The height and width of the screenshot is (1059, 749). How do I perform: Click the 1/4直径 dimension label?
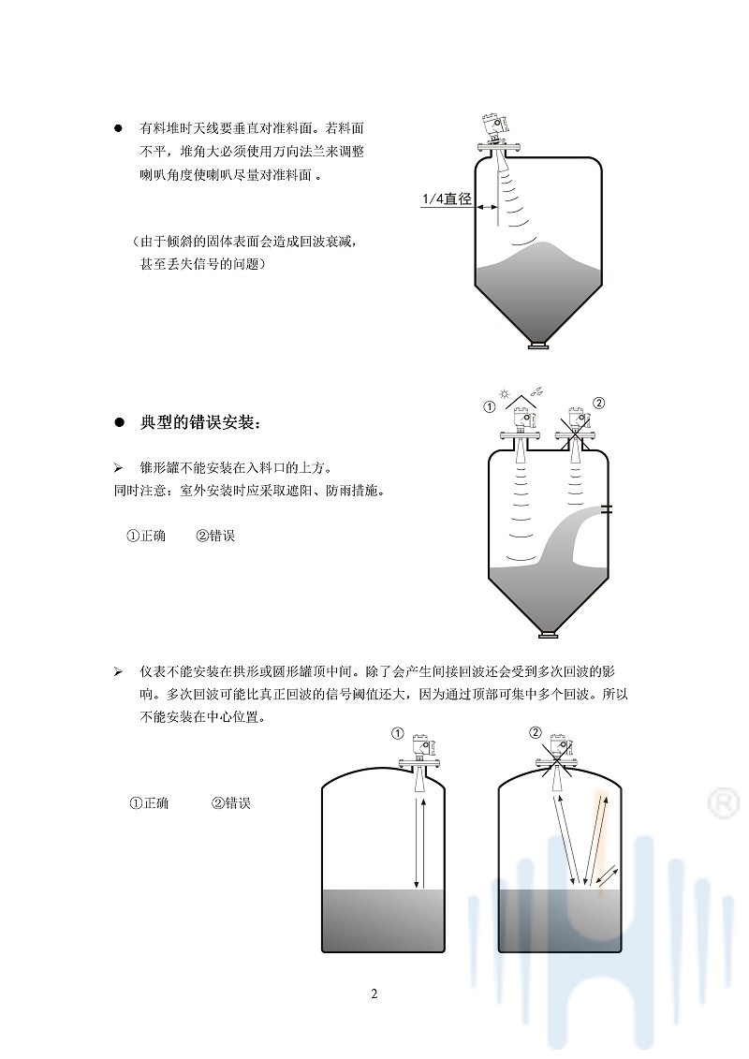tap(447, 199)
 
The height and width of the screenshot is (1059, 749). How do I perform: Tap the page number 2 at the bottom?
tap(374, 993)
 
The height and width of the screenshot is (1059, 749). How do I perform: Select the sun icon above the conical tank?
tap(503, 393)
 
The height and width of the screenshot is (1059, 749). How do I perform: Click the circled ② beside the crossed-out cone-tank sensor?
tap(597, 404)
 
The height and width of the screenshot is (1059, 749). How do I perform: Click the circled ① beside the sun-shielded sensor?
tap(490, 406)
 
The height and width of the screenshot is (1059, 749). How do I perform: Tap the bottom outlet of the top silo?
tap(538, 346)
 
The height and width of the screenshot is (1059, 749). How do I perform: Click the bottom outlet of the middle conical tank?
tap(549, 634)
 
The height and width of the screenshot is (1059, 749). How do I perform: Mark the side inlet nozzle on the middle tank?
tap(607, 509)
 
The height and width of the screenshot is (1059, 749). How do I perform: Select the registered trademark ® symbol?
tap(724, 803)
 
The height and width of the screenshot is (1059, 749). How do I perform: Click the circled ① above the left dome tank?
tap(398, 733)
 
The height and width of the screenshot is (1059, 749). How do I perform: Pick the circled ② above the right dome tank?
tap(536, 733)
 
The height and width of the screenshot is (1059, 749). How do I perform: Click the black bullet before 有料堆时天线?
tap(119, 127)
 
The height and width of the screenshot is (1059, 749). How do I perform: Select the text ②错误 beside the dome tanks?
tap(231, 803)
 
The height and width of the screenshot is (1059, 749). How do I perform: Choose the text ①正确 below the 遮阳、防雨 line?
tap(146, 536)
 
